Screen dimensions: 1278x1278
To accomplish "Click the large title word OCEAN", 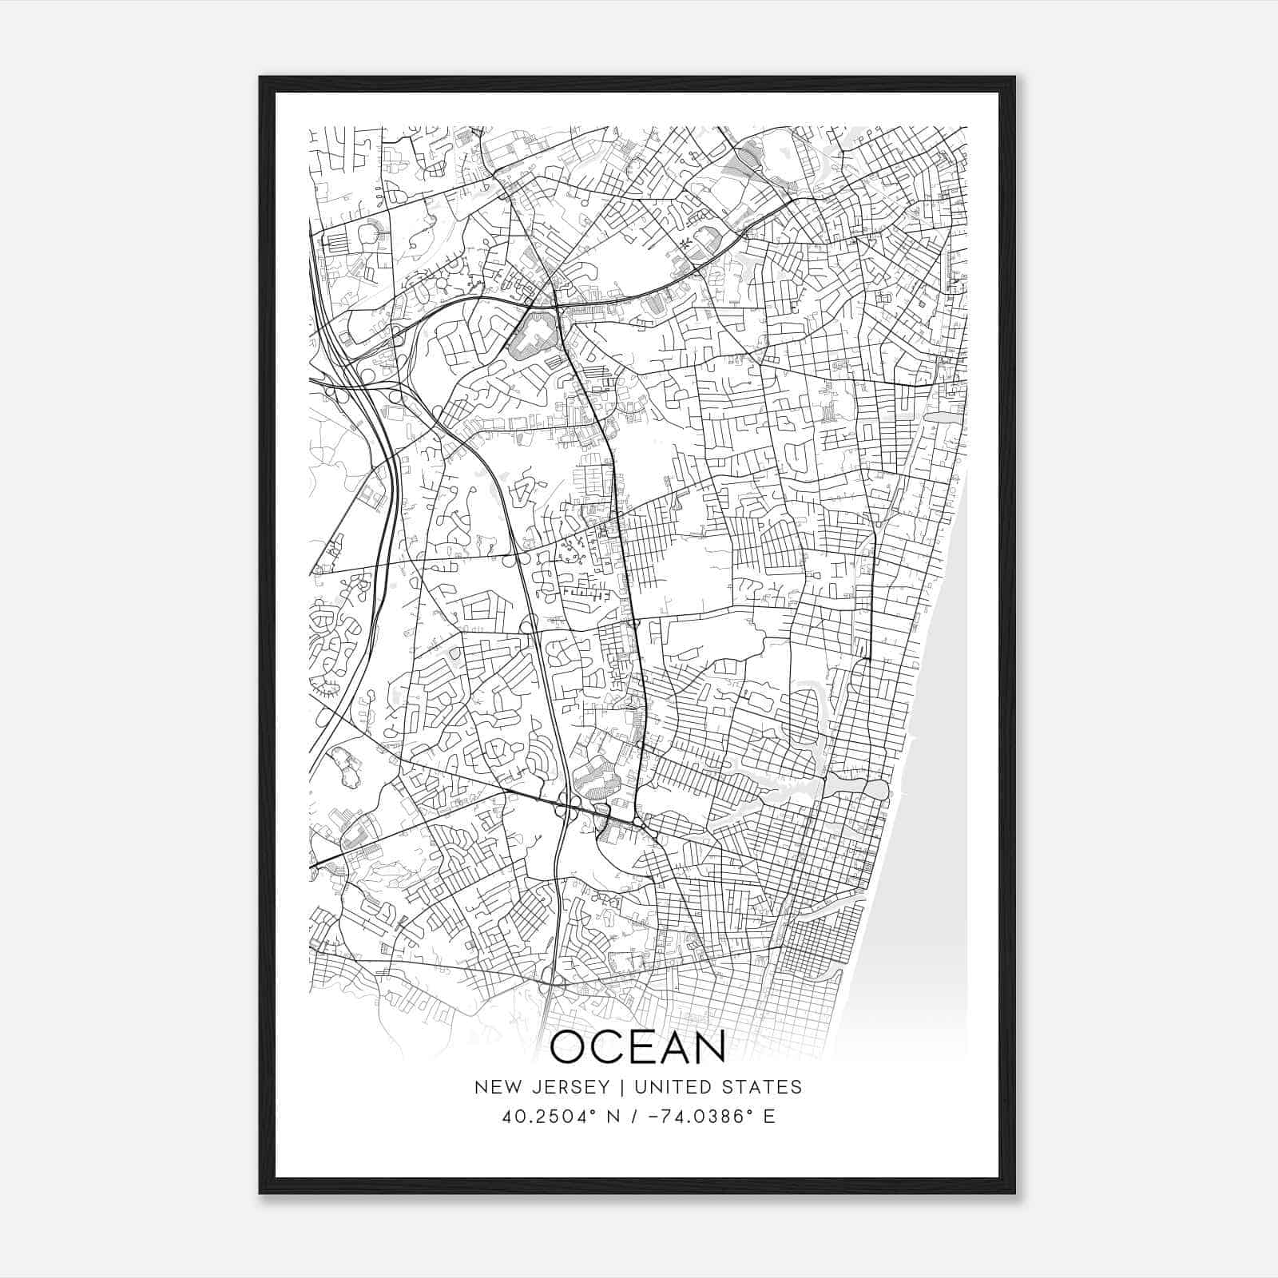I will [637, 1047].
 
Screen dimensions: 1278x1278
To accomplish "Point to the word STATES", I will [763, 1087].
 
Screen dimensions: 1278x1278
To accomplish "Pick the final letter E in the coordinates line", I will [769, 1117].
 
